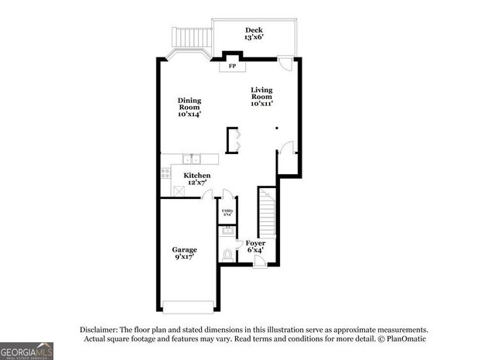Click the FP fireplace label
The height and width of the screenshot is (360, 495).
tap(232, 67)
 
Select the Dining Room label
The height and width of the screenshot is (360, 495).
tap(189, 107)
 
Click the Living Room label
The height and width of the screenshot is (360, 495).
tap(262, 96)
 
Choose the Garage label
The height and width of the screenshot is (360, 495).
tap(184, 252)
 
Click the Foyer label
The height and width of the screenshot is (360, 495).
tap(256, 246)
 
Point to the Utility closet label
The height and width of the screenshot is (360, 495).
tap(228, 211)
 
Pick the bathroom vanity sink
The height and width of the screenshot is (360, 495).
tap(227, 231)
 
